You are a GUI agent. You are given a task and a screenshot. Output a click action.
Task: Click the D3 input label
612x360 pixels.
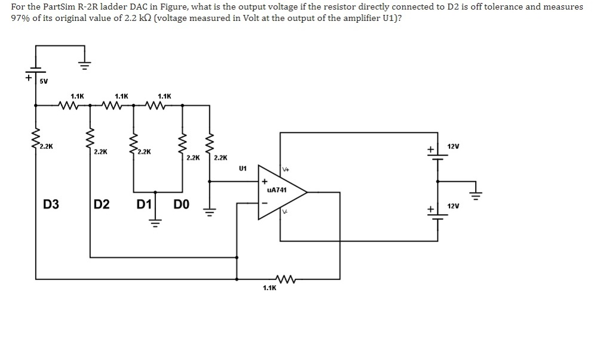(x=51, y=204)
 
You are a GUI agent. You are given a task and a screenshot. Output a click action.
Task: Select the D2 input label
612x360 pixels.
(x=102, y=204)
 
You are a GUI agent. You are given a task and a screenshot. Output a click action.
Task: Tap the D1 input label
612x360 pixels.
(x=144, y=204)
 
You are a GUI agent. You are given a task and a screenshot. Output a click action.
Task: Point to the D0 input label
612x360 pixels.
(x=182, y=204)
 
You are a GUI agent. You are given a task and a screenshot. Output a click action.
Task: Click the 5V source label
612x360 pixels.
(x=44, y=81)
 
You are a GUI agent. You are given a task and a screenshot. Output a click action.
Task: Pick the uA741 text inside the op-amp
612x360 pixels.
(x=277, y=190)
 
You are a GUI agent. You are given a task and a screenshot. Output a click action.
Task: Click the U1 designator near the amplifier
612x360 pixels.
(x=243, y=169)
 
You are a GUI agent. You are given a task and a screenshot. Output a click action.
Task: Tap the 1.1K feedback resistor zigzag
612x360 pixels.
(x=285, y=279)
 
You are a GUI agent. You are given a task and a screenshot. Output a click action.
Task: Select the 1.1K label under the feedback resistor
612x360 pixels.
(x=270, y=288)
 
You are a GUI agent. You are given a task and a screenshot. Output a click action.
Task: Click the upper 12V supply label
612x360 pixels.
(x=453, y=147)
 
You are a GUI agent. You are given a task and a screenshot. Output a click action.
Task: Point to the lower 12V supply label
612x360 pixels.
(x=453, y=206)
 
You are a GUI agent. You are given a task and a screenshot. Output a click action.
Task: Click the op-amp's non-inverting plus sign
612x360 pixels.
(x=264, y=182)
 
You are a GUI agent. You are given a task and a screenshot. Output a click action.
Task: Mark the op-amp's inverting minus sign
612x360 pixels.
(x=264, y=203)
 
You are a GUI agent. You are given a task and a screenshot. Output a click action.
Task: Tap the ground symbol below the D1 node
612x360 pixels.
(x=155, y=223)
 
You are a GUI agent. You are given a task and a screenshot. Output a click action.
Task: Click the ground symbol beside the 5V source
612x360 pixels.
(x=84, y=66)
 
